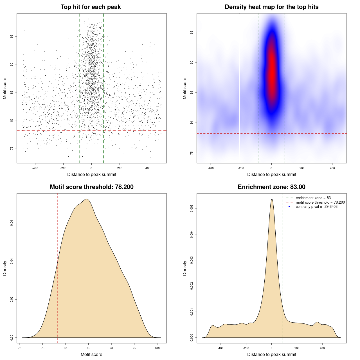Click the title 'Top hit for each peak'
pos(91,7)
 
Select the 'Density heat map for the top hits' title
pos(271,7)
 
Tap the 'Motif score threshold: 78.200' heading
pos(91,187)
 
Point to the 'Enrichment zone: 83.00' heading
pos(271,187)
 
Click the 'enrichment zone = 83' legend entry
pos(313,198)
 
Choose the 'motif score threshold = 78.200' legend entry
pos(320,202)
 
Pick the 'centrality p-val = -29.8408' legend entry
pos(316,207)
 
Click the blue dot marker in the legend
pos(289,207)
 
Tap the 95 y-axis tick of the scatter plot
pos(12,37)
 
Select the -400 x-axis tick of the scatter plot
pos(35,168)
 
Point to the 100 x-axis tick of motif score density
pos(157,348)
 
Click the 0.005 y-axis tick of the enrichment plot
pos(192,208)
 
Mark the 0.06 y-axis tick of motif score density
pos(12,223)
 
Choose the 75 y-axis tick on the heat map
pos(192,153)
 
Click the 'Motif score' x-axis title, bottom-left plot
pos(91,354)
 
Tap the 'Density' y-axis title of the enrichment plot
pos(185,268)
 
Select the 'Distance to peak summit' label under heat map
pos(271,174)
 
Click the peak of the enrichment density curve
pos(272,199)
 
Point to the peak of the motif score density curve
pos(87,199)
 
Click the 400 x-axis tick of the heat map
pos(332,168)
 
